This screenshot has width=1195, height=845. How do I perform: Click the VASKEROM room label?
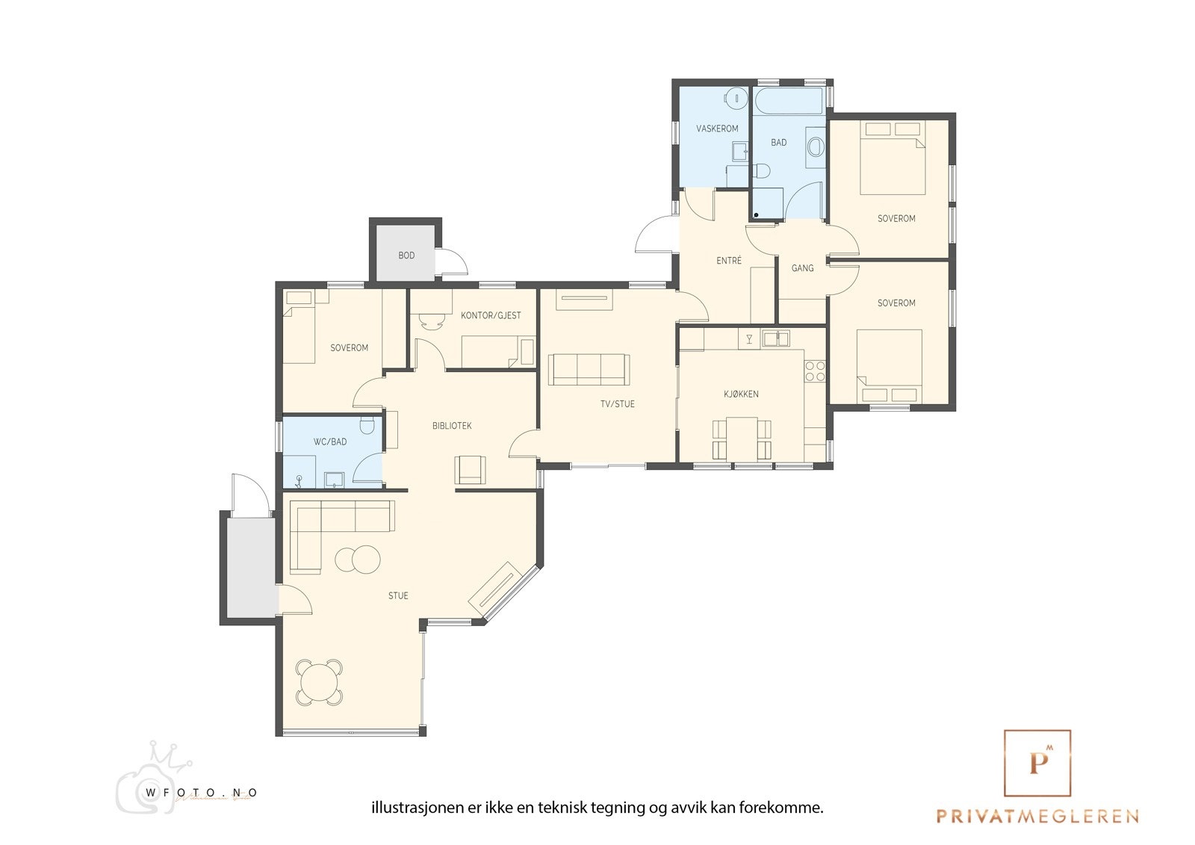coord(717,129)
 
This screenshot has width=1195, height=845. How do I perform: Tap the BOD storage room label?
coord(406,256)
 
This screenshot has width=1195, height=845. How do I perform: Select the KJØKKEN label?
coord(741,394)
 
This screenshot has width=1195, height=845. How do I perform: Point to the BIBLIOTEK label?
coord(452,425)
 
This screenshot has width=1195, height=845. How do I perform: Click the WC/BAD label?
coord(330,442)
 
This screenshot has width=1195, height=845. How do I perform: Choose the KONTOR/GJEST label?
coord(491,315)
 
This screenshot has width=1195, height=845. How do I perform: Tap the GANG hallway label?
coord(802,268)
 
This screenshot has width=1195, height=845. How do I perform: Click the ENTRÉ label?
coord(729,261)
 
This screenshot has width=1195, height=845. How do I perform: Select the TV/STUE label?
coord(617,404)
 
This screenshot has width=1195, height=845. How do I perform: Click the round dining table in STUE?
coord(319,682)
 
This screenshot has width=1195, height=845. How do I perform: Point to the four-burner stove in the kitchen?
coord(815,371)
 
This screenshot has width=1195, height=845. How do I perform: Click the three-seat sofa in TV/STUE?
coord(589,369)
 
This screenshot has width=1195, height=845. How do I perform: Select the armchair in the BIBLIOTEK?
coord(470,469)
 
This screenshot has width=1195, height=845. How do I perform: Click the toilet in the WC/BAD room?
coord(367,425)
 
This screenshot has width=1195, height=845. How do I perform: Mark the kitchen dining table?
coord(742,439)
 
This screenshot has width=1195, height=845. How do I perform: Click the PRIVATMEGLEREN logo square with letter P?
coord(1037,763)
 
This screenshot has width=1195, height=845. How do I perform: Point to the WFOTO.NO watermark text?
coord(201,793)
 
